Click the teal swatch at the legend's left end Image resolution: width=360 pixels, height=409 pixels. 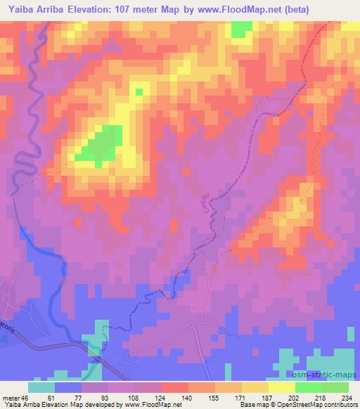click(x=41, y=387)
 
